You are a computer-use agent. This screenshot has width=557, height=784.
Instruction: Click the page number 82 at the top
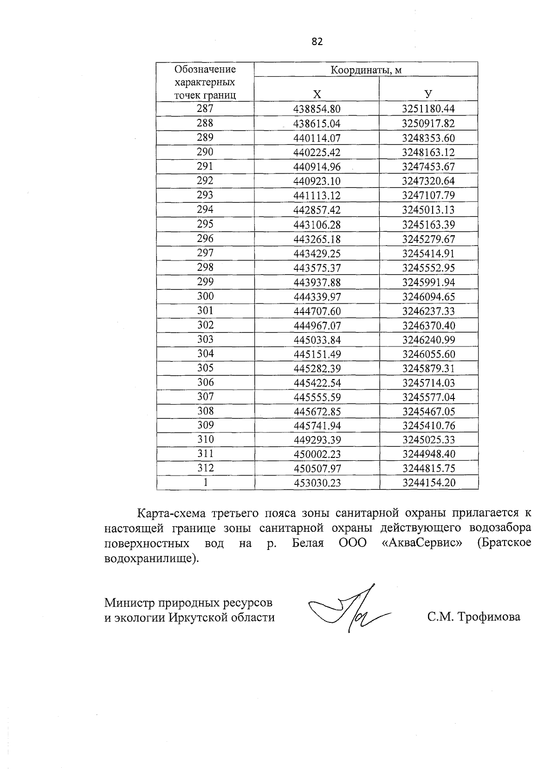tap(317, 42)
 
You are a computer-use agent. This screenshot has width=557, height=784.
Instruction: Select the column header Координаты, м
tap(366, 70)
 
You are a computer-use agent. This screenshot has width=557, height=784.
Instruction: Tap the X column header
tap(317, 94)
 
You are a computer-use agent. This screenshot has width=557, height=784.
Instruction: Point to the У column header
tap(428, 94)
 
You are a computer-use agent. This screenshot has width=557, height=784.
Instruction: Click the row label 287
tap(205, 109)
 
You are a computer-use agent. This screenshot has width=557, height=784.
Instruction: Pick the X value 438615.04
tap(317, 124)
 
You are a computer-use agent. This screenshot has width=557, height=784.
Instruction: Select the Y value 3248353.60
tap(428, 138)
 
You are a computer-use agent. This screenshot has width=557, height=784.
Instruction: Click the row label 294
tap(205, 209)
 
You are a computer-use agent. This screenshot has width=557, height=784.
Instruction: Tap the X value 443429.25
tap(317, 254)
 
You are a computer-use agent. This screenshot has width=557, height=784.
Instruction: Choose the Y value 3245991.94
tap(428, 282)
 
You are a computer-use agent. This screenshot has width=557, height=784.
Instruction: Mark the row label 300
tap(205, 296)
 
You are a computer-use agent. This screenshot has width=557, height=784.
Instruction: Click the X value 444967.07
tap(317, 326)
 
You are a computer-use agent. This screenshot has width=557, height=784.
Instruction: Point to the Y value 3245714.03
tap(428, 383)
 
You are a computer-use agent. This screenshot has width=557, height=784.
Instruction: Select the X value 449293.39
tap(317, 440)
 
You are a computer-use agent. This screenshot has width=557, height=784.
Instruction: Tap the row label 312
tap(205, 468)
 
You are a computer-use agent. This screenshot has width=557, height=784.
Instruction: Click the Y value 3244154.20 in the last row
tap(428, 483)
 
